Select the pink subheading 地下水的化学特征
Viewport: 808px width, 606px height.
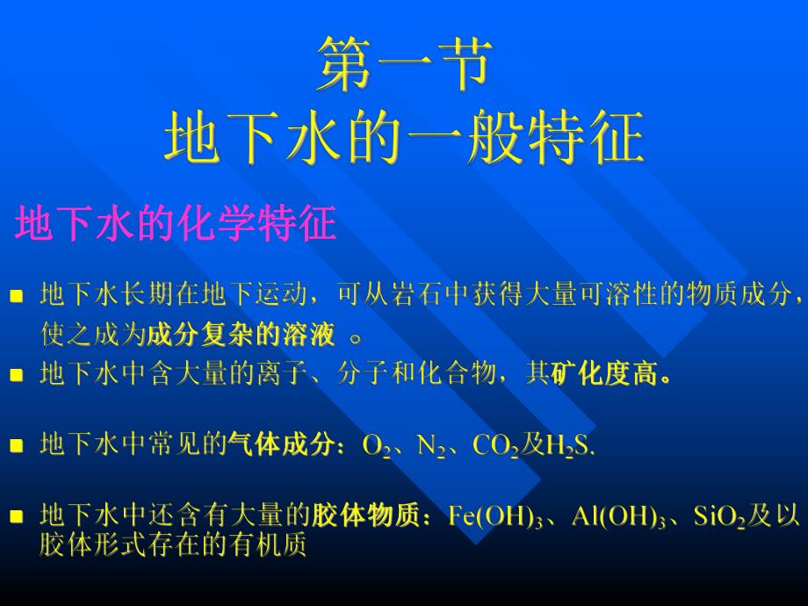(x=177, y=225)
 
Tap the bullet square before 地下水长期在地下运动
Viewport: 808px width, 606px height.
(x=16, y=295)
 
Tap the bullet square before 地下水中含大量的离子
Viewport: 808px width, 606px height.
(x=16, y=377)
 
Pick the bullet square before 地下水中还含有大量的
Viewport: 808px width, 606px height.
(x=16, y=517)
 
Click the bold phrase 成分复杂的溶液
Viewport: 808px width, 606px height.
(x=242, y=335)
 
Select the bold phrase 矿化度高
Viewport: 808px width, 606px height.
(x=611, y=376)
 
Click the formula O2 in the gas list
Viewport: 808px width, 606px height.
(x=376, y=446)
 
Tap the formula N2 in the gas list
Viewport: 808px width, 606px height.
(x=431, y=446)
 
